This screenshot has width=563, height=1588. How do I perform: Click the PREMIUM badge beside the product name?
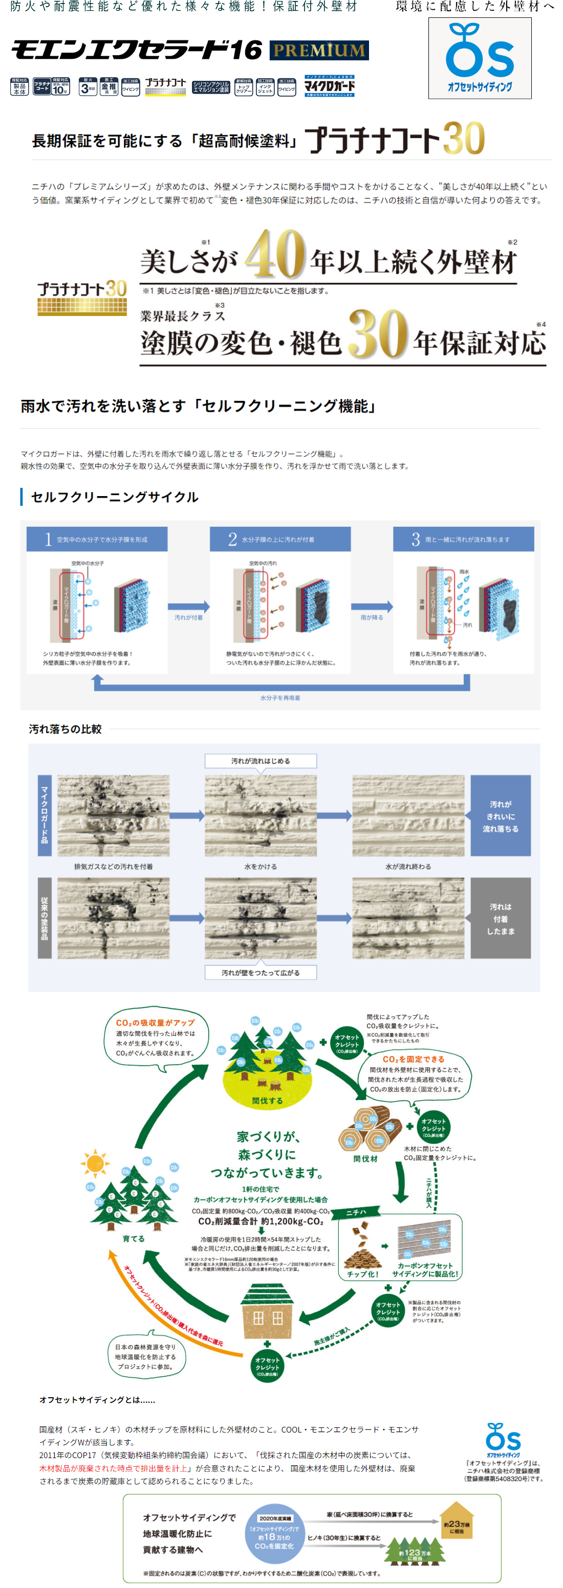(319, 50)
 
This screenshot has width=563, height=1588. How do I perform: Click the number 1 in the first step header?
(48, 540)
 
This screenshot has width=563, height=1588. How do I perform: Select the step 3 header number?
(416, 540)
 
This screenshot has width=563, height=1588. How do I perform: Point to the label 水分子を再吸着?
(280, 698)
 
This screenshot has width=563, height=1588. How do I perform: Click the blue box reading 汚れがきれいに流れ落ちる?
(501, 816)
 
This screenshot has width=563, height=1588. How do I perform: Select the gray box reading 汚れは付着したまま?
(501, 919)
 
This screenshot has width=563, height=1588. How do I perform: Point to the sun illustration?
(95, 1164)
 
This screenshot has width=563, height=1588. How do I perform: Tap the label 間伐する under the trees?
(267, 1101)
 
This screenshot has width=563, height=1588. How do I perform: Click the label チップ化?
(362, 1273)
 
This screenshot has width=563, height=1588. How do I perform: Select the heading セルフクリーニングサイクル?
(115, 497)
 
